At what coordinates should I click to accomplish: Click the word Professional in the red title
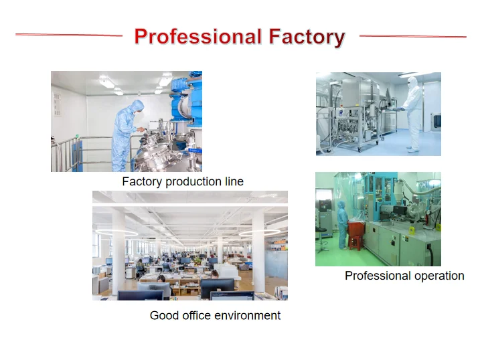point(198,37)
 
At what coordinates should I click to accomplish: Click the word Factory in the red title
point(307,37)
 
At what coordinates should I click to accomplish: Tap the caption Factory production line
point(183,181)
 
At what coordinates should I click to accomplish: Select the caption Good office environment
point(215,315)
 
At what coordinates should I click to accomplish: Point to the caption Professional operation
point(404,276)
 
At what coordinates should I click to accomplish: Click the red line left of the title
point(69,35)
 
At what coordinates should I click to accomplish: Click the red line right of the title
point(413,36)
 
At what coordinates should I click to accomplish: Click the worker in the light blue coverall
point(126,136)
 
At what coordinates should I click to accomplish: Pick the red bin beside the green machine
point(356,233)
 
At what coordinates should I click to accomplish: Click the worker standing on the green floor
point(342,225)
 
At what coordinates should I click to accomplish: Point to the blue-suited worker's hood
point(137,106)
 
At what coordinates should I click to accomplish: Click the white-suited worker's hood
point(412,82)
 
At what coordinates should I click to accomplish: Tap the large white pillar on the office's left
point(118,252)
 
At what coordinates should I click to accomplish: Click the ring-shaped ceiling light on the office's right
point(260,233)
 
